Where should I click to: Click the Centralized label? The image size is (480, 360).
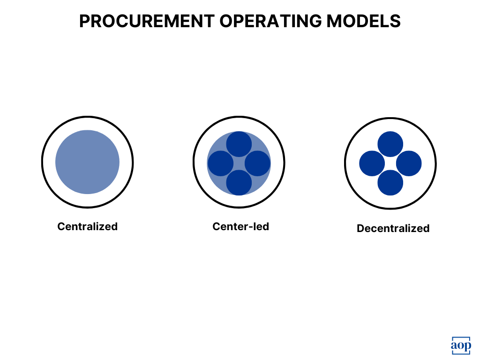coord(87,226)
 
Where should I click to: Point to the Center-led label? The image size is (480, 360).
coord(240,226)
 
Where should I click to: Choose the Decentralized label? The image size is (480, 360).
coord(393,228)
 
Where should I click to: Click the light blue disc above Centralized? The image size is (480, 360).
coord(87,162)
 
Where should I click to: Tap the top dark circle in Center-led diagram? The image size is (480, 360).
coord(239,144)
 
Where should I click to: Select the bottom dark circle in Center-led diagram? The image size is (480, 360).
coord(239,182)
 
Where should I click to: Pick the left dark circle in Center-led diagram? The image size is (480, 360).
coord(220,164)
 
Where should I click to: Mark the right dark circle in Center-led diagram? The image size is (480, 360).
coord(258,164)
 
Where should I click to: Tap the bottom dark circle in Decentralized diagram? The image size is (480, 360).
coord(390,182)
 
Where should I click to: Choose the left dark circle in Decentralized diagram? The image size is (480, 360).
coord(372,164)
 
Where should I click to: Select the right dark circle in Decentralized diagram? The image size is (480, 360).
coord(409,164)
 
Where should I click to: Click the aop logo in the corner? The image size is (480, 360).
coord(461,345)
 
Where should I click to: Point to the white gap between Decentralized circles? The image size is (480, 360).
coord(390,164)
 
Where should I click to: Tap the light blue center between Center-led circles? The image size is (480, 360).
coord(239,164)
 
